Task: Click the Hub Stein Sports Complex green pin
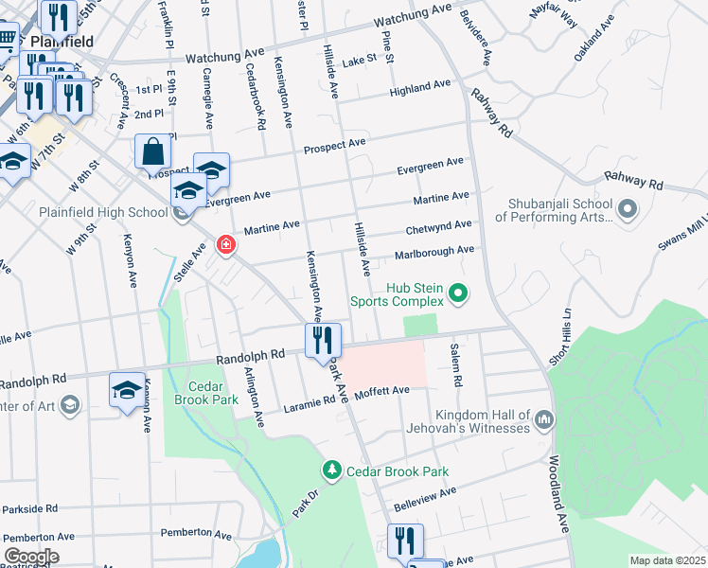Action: (x=458, y=293)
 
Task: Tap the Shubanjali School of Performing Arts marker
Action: (x=626, y=207)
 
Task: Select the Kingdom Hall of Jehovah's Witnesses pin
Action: (x=543, y=418)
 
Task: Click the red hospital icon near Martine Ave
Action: (x=225, y=246)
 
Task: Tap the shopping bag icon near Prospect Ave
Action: (x=152, y=152)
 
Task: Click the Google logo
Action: (x=30, y=557)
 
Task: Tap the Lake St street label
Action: (x=360, y=59)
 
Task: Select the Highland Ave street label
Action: (x=420, y=87)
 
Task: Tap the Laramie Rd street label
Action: (x=310, y=404)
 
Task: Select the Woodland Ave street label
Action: (x=559, y=495)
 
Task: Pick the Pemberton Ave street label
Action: (x=196, y=534)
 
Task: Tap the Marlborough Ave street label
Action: (x=434, y=251)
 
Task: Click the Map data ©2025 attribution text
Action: (x=666, y=560)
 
